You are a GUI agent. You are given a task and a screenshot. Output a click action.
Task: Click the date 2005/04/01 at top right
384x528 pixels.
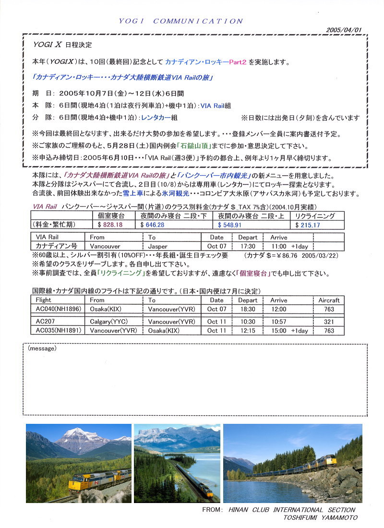pos(343,29)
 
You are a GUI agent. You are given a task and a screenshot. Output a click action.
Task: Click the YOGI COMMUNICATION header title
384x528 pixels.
pos(181,21)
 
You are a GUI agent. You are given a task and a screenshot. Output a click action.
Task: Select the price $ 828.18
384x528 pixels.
pos(110,224)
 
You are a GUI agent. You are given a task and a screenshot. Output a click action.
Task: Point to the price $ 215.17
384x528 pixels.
pos(308,224)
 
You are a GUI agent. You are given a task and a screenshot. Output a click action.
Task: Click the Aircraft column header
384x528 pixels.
pos(329,300)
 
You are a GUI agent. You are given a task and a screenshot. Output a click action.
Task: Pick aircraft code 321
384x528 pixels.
pos(329,322)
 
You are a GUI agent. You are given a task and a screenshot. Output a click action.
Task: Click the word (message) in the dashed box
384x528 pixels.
pos(42,348)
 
